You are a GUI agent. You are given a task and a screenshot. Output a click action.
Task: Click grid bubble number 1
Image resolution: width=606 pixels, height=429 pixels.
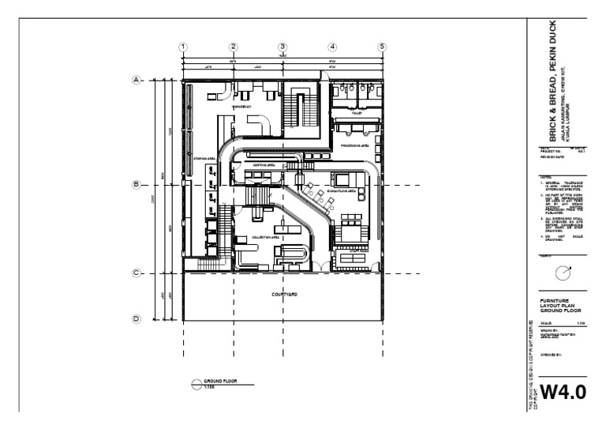click(183, 47)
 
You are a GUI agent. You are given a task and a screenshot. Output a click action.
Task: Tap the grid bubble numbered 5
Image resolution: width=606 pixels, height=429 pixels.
click(382, 47)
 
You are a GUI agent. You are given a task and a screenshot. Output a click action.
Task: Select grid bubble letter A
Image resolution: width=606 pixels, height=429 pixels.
click(136, 80)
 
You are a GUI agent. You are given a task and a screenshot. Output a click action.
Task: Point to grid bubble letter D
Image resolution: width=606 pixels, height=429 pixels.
click(136, 319)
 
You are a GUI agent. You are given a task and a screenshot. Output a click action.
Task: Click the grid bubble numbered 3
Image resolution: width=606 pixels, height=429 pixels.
click(282, 47)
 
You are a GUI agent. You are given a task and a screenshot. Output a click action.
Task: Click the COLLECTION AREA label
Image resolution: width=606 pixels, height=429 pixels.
click(267, 237)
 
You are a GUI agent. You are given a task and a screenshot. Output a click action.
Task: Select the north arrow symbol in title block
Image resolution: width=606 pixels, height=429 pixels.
click(562, 273)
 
